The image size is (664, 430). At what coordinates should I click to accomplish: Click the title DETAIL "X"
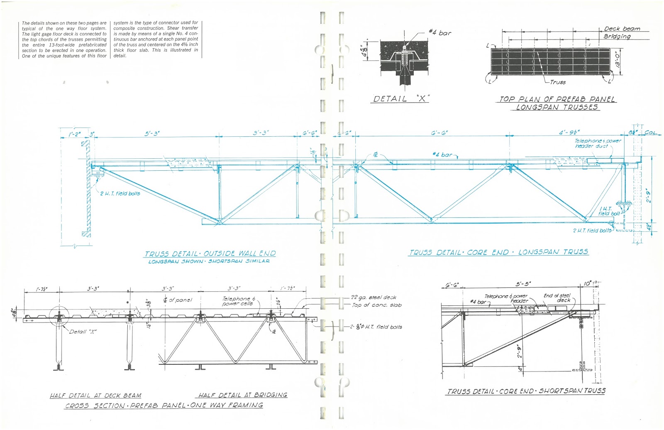[x=401, y=99]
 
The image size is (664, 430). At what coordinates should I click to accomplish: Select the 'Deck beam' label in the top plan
[x=622, y=29]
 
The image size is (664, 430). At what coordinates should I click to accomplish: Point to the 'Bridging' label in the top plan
[x=617, y=36]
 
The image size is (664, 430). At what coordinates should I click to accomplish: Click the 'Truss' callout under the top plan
[x=557, y=82]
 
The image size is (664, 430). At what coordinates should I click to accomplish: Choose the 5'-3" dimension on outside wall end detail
[x=152, y=133]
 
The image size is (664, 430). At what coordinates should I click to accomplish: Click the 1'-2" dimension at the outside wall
[x=75, y=134]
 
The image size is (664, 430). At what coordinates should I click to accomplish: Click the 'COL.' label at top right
[x=650, y=133]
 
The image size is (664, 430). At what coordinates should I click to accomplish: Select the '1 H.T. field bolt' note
[x=608, y=211]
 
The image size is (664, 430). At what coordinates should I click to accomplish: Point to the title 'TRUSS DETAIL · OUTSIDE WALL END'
[x=210, y=253]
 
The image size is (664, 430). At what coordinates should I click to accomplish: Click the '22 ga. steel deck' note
[x=373, y=297]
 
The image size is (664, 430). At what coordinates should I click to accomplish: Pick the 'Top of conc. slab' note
[x=376, y=305]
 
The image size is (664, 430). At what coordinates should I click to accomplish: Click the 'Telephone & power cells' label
[x=238, y=301]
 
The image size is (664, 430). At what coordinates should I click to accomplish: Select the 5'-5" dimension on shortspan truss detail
[x=523, y=284]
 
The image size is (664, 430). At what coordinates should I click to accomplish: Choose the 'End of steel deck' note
[x=557, y=298]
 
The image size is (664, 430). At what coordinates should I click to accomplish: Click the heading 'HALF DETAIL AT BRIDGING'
[x=242, y=395]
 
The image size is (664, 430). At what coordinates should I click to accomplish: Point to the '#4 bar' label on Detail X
[x=440, y=33]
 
